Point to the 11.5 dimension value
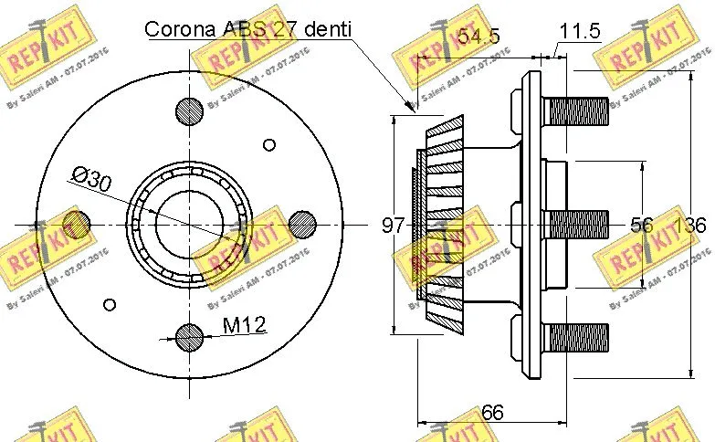[x=579, y=31]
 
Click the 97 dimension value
[x=393, y=226]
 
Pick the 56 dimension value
[x=643, y=226]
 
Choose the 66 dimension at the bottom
[x=492, y=413]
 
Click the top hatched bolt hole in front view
[x=190, y=111]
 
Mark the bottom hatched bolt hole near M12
[x=190, y=337]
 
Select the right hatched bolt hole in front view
[x=302, y=224]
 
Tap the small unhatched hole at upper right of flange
[x=268, y=144]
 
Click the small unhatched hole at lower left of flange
[x=110, y=304]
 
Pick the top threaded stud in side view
[x=576, y=111]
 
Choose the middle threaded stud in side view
[x=576, y=225]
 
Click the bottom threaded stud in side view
[x=576, y=337]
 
